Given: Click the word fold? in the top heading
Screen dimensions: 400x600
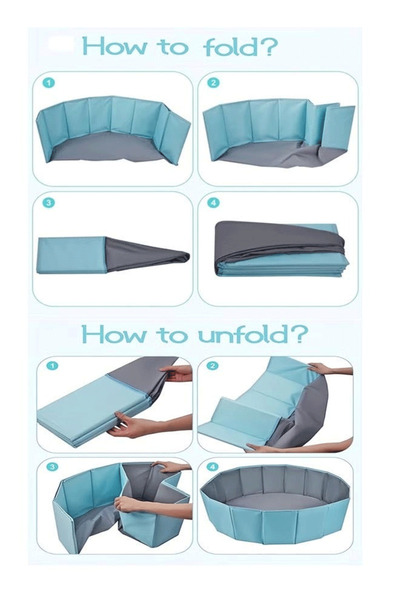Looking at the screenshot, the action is click(241, 47).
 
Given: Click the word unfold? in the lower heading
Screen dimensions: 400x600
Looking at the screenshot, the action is click(253, 334).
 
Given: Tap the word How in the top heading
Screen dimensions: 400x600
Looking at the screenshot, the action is click(114, 46).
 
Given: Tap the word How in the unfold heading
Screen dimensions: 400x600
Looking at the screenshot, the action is click(114, 334).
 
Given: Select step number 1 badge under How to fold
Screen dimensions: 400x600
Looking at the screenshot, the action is click(49, 83).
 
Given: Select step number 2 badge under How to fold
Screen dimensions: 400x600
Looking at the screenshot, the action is click(213, 83).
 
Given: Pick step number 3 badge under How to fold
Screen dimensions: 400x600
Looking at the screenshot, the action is click(49, 202).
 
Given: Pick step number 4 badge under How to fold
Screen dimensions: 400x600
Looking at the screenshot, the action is click(213, 202).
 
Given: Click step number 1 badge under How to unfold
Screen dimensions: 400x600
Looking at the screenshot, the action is click(52, 366).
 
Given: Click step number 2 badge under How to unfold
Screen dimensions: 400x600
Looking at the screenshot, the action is click(212, 366).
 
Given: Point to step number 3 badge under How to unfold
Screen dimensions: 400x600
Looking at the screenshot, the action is click(52, 467).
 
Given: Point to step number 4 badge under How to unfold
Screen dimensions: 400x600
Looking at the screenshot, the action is click(212, 467).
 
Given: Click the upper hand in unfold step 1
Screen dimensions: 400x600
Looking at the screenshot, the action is click(176, 373).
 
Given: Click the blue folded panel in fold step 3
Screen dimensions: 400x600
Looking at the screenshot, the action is click(71, 255).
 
